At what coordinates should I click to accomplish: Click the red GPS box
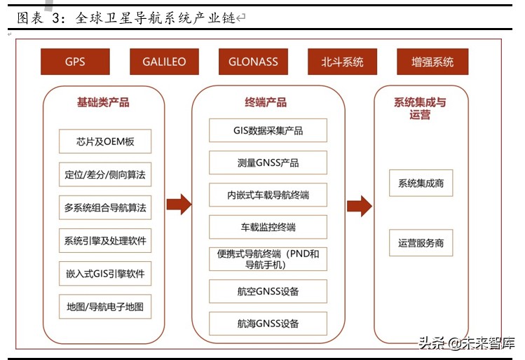75,62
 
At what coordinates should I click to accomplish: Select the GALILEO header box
165,62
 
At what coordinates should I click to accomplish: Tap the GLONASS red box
253,62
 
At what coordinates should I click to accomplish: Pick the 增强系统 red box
432,62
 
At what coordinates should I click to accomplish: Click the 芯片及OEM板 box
105,141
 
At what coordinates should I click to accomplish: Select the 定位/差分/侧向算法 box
105,174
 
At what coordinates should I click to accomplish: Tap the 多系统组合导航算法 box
105,207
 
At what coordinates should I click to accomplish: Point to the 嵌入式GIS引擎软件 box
105,273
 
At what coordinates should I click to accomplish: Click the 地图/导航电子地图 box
105,306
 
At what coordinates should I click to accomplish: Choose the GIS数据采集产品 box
268,130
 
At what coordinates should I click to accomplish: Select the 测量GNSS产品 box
268,162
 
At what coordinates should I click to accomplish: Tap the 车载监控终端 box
268,227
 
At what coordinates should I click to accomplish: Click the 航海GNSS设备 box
268,323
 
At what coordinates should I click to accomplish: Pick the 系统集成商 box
421,184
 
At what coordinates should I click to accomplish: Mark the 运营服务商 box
421,243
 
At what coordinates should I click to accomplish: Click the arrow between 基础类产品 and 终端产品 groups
179,205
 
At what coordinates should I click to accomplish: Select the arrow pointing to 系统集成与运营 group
360,206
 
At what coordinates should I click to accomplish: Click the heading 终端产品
266,103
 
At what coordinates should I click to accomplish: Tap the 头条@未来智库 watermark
465,343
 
